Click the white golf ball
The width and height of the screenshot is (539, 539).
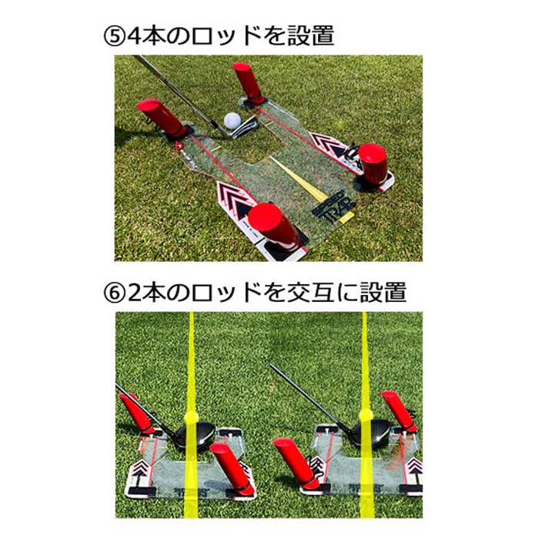click(x=232, y=121)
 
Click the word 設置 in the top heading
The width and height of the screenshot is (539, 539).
click(x=311, y=35)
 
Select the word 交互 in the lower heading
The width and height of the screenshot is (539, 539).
click(x=311, y=293)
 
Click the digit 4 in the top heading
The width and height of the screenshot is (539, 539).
click(x=135, y=36)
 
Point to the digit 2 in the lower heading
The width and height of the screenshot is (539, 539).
click(x=135, y=293)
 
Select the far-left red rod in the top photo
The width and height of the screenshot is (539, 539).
click(x=161, y=118)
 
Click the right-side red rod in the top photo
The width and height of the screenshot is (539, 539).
click(x=372, y=163)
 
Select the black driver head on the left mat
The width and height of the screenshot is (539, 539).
click(x=196, y=435)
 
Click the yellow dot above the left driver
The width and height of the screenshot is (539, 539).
click(x=191, y=417)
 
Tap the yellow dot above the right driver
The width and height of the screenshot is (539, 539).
click(x=366, y=416)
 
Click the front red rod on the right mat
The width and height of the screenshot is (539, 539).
click(x=297, y=462)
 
